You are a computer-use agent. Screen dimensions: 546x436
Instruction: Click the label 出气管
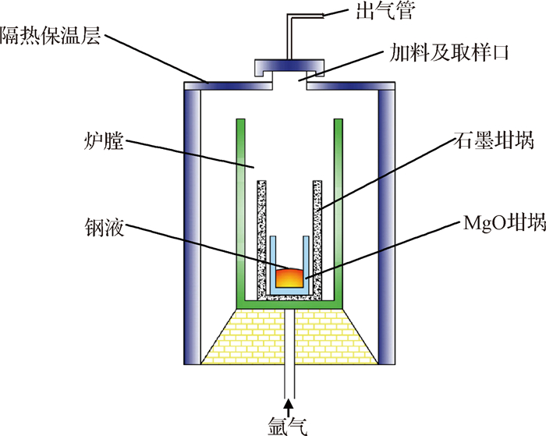point(385,11)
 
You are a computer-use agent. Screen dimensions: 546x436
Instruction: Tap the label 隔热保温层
point(51,36)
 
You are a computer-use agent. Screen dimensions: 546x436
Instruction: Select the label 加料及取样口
point(448,53)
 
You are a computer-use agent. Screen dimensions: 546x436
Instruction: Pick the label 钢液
point(105,228)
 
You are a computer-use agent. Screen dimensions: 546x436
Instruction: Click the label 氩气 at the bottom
point(288,426)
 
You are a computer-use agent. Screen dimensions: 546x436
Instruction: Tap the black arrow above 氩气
point(288,408)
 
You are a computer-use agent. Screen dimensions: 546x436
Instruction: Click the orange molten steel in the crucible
point(289,278)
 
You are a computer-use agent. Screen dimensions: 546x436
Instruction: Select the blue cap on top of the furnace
point(289,67)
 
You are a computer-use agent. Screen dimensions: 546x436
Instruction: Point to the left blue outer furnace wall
point(192,226)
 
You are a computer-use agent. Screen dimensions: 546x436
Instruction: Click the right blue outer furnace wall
point(387,226)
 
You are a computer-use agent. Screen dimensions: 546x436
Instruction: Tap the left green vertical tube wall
point(240,213)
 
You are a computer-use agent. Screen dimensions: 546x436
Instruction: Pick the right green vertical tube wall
point(338,213)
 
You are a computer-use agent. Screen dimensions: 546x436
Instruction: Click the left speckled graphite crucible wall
point(261,239)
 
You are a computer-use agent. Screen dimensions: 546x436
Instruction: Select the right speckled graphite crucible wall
point(317,239)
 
